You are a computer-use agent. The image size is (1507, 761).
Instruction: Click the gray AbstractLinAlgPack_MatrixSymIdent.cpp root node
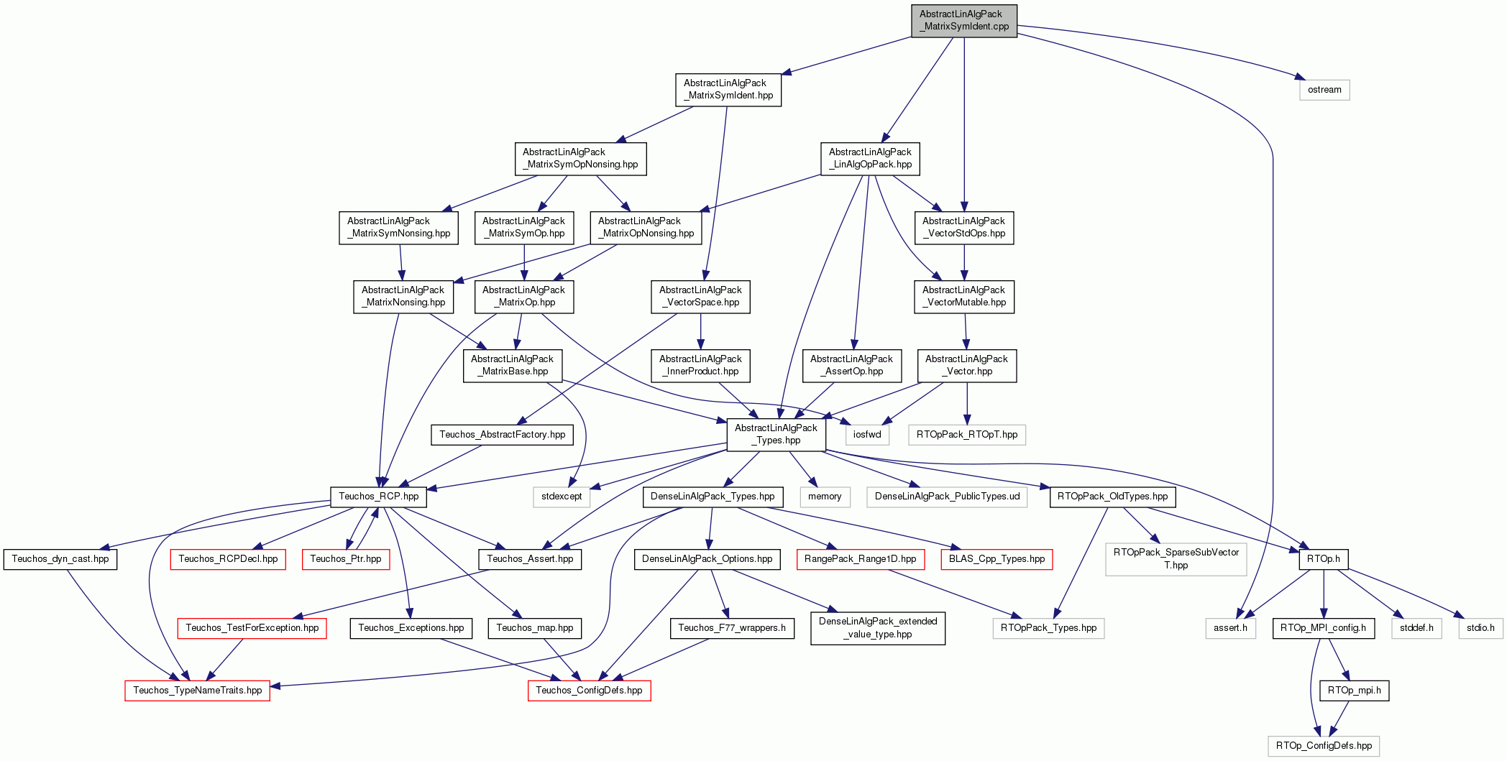click(964, 20)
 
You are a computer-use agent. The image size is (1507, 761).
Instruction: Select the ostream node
click(1324, 90)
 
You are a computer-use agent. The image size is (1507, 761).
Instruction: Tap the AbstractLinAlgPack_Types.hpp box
click(777, 434)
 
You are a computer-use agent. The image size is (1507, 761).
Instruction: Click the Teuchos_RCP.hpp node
click(379, 497)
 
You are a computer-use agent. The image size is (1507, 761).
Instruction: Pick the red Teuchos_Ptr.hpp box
click(346, 559)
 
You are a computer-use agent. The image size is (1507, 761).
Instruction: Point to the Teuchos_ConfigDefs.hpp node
click(590, 691)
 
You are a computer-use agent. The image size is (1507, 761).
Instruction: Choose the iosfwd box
click(867, 435)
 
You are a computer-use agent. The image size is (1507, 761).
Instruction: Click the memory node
click(825, 497)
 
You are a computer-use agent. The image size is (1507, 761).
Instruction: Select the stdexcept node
click(562, 497)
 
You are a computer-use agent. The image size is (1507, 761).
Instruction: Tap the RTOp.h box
click(1324, 559)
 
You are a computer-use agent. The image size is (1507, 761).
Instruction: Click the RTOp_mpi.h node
click(1355, 691)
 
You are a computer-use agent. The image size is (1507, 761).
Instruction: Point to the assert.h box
click(1231, 628)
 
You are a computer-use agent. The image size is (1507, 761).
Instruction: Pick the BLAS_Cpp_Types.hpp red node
click(997, 559)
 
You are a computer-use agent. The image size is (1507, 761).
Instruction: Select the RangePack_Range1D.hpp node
click(861, 559)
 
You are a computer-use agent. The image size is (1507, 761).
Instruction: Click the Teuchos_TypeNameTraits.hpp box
click(198, 691)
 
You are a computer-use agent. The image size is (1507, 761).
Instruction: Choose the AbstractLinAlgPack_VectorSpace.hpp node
click(700, 296)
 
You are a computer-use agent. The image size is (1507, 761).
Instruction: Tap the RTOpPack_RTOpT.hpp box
click(967, 435)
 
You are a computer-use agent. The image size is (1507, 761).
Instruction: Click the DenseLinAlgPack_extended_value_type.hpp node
click(878, 628)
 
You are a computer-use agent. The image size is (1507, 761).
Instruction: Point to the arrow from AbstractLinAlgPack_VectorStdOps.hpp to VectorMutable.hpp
click(964, 262)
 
